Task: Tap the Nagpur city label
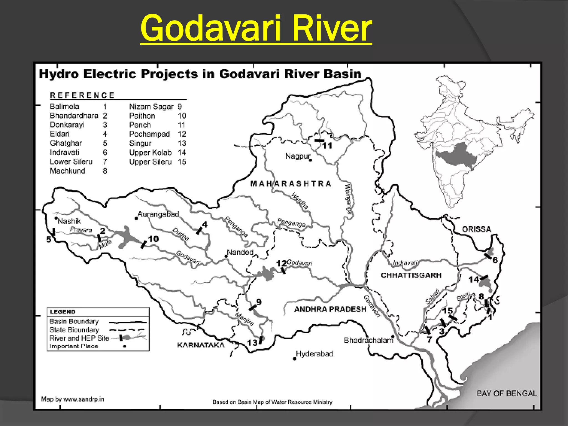coord(297,156)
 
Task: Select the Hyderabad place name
coord(315,354)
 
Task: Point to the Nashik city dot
coord(56,218)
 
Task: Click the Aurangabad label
coord(158,214)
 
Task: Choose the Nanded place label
coord(240,252)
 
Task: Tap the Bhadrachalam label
coord(368,340)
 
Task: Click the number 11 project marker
coord(327,145)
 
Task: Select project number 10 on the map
coord(153,239)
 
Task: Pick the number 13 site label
coord(252,343)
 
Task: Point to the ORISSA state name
coord(476,229)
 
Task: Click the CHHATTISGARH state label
coord(411,275)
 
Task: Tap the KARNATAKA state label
coord(201,345)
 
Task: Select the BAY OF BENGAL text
coord(506,393)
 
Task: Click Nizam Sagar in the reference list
coord(151,106)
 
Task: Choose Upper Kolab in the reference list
coord(150,153)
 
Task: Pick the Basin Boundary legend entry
coord(74,321)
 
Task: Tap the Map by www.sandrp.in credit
coord(72,399)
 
